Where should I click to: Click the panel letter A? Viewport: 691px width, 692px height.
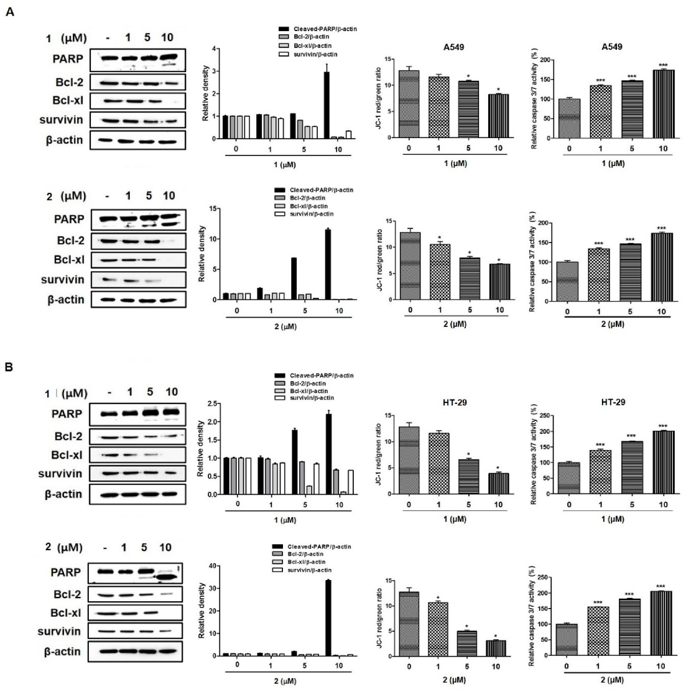pos(9,11)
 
